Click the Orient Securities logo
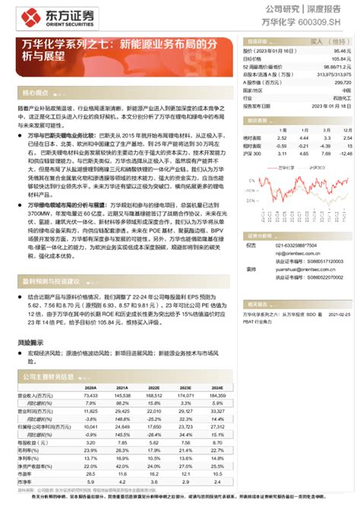pos(49,17)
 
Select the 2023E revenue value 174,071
pos(185,395)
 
